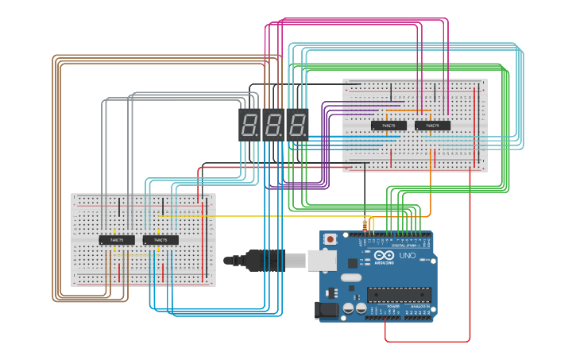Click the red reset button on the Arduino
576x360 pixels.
[x=330, y=238]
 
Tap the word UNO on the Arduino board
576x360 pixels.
[x=407, y=256]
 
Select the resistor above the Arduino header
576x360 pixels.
[x=365, y=226]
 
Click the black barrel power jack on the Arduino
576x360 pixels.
[x=327, y=310]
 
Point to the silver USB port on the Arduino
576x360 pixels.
[x=322, y=259]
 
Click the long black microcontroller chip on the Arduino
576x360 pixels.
[x=399, y=295]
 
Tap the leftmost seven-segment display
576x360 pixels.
[x=249, y=125]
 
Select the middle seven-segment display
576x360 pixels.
[x=273, y=125]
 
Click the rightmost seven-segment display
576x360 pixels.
[x=297, y=125]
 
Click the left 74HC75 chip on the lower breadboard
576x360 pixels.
[x=116, y=239]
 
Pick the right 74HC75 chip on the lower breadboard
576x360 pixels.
[x=160, y=239]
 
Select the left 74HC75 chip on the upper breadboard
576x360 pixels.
[x=389, y=126]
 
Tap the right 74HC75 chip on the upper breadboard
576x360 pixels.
[x=432, y=126]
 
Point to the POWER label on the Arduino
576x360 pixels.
[x=393, y=305]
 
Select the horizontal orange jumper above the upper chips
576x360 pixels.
[x=409, y=110]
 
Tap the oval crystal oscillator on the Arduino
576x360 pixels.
[x=352, y=279]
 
